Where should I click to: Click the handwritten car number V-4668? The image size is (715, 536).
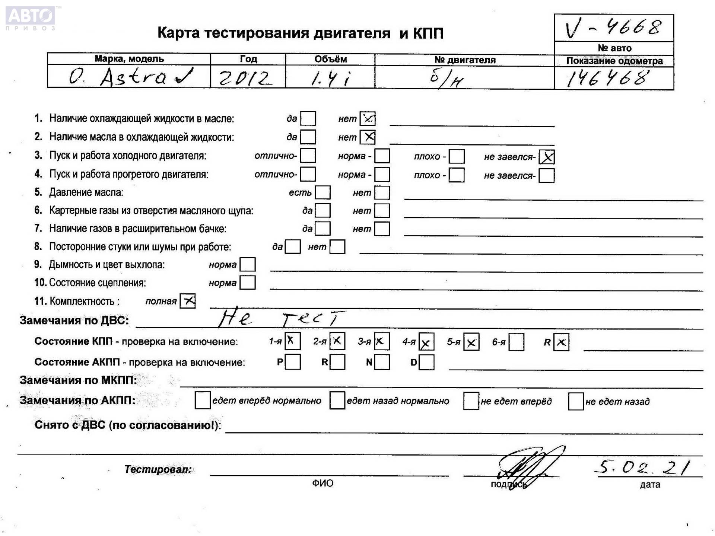click(613, 28)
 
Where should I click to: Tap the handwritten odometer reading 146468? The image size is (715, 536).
click(608, 79)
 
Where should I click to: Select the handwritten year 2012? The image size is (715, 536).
click(244, 79)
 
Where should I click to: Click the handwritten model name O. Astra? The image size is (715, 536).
click(130, 77)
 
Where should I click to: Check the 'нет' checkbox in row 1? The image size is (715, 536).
click(368, 119)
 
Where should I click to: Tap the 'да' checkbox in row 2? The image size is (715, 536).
click(308, 137)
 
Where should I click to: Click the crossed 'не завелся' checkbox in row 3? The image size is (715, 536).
click(547, 157)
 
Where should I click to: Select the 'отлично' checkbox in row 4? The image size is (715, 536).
click(308, 174)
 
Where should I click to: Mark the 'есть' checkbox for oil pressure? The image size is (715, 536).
click(322, 192)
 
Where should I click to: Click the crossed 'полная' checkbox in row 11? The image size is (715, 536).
click(188, 301)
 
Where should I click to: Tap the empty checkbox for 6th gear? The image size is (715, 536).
click(516, 342)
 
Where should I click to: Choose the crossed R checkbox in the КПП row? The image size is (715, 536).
click(561, 342)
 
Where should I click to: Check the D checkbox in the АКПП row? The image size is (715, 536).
click(426, 362)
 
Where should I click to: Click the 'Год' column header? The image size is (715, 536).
click(248, 59)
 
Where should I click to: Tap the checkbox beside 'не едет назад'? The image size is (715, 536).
click(575, 401)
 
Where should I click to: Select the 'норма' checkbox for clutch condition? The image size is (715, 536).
click(248, 283)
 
